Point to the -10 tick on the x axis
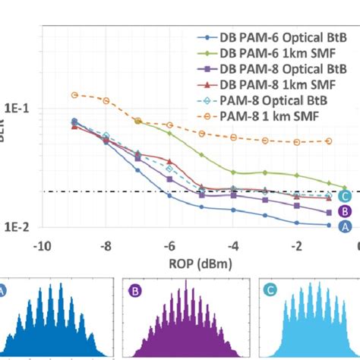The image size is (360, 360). pyautogui.click(x=43, y=246)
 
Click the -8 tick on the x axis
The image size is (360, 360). pyautogui.click(x=106, y=246)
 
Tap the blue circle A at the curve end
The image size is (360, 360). pyautogui.click(x=344, y=226)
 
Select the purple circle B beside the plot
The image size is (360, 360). pyautogui.click(x=344, y=212)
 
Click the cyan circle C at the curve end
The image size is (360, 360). pyautogui.click(x=344, y=197)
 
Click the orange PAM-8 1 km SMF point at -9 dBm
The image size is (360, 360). pyautogui.click(x=74, y=95)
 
